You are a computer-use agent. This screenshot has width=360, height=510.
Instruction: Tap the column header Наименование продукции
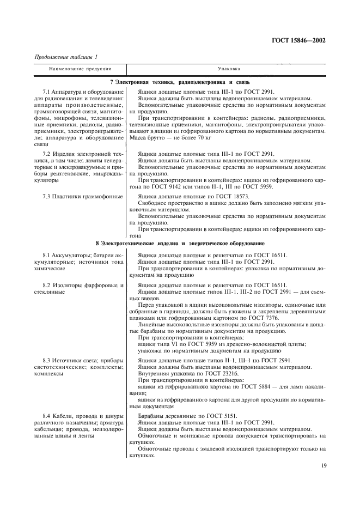pyautogui.click(x=80, y=69)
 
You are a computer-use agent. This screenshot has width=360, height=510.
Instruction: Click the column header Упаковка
pyautogui.click(x=226, y=69)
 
